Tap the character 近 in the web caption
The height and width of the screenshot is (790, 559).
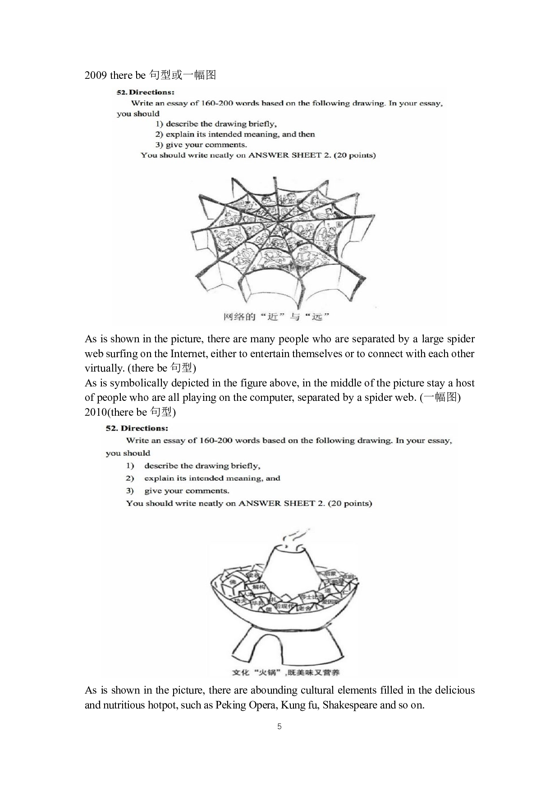[x=273, y=317]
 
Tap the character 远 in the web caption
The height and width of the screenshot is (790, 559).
[x=317, y=317]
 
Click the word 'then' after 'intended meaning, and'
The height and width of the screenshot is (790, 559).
[x=307, y=134]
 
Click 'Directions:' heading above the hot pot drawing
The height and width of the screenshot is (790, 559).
[x=144, y=428]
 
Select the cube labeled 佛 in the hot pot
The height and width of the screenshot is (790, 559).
[x=233, y=582]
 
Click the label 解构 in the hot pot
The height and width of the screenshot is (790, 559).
[x=259, y=587]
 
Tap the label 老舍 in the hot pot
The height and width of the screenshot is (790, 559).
[x=305, y=608]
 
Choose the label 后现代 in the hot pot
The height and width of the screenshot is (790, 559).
[x=284, y=606]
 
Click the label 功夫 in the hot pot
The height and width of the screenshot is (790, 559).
[x=240, y=601]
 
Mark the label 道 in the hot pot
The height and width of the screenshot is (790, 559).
[x=328, y=590]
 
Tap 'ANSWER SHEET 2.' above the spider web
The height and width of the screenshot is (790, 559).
[x=289, y=155]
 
